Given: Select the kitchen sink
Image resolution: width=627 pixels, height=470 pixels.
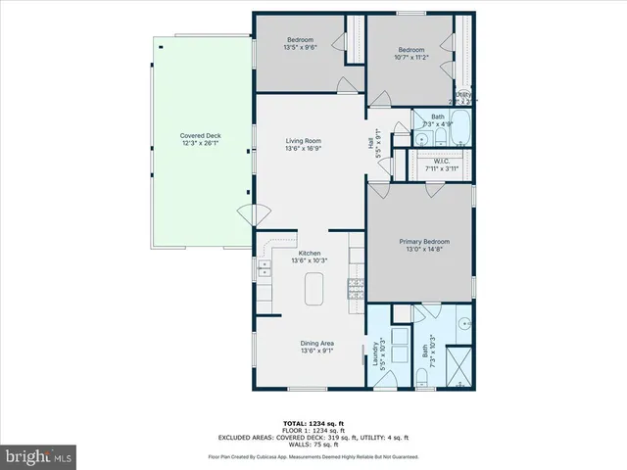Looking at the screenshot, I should click(x=263, y=265).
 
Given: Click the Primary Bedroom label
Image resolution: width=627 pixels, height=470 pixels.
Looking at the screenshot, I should click(x=423, y=241).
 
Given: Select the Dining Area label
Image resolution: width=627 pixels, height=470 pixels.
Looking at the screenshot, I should click(x=317, y=343).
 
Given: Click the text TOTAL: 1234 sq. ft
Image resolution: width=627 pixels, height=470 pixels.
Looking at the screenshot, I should click(x=316, y=422).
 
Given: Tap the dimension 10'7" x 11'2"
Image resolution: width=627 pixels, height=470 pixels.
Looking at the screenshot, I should click(x=410, y=57).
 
